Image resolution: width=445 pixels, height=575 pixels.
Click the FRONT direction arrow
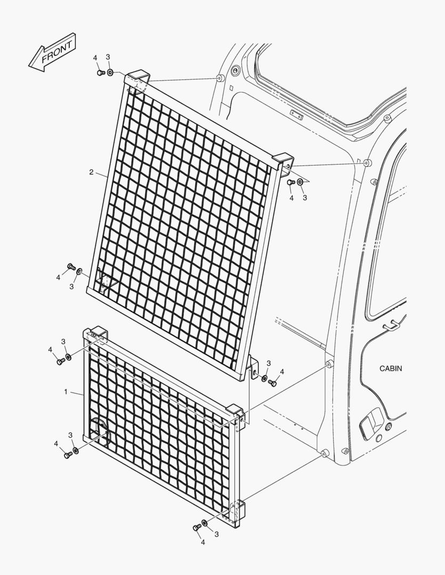click(x=52, y=52)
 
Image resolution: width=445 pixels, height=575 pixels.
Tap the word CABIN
click(x=391, y=368)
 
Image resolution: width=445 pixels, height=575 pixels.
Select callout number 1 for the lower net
click(x=66, y=392)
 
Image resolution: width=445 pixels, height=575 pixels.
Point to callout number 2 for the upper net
click(x=92, y=172)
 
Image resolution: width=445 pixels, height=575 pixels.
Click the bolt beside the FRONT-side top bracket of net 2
click(x=101, y=72)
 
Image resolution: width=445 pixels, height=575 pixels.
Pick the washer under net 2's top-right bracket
click(x=300, y=182)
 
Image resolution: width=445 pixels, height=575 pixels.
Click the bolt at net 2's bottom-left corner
click(x=71, y=266)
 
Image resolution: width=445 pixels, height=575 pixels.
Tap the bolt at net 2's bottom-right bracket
click(x=272, y=383)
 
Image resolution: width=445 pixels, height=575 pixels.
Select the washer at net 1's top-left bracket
click(x=68, y=356)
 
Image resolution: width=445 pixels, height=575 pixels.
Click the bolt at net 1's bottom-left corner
click(x=68, y=455)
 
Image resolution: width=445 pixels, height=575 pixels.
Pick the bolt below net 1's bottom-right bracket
click(x=197, y=527)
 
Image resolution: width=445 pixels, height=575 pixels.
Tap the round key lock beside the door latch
click(x=389, y=426)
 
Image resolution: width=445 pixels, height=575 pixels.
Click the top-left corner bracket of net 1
click(x=96, y=334)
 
